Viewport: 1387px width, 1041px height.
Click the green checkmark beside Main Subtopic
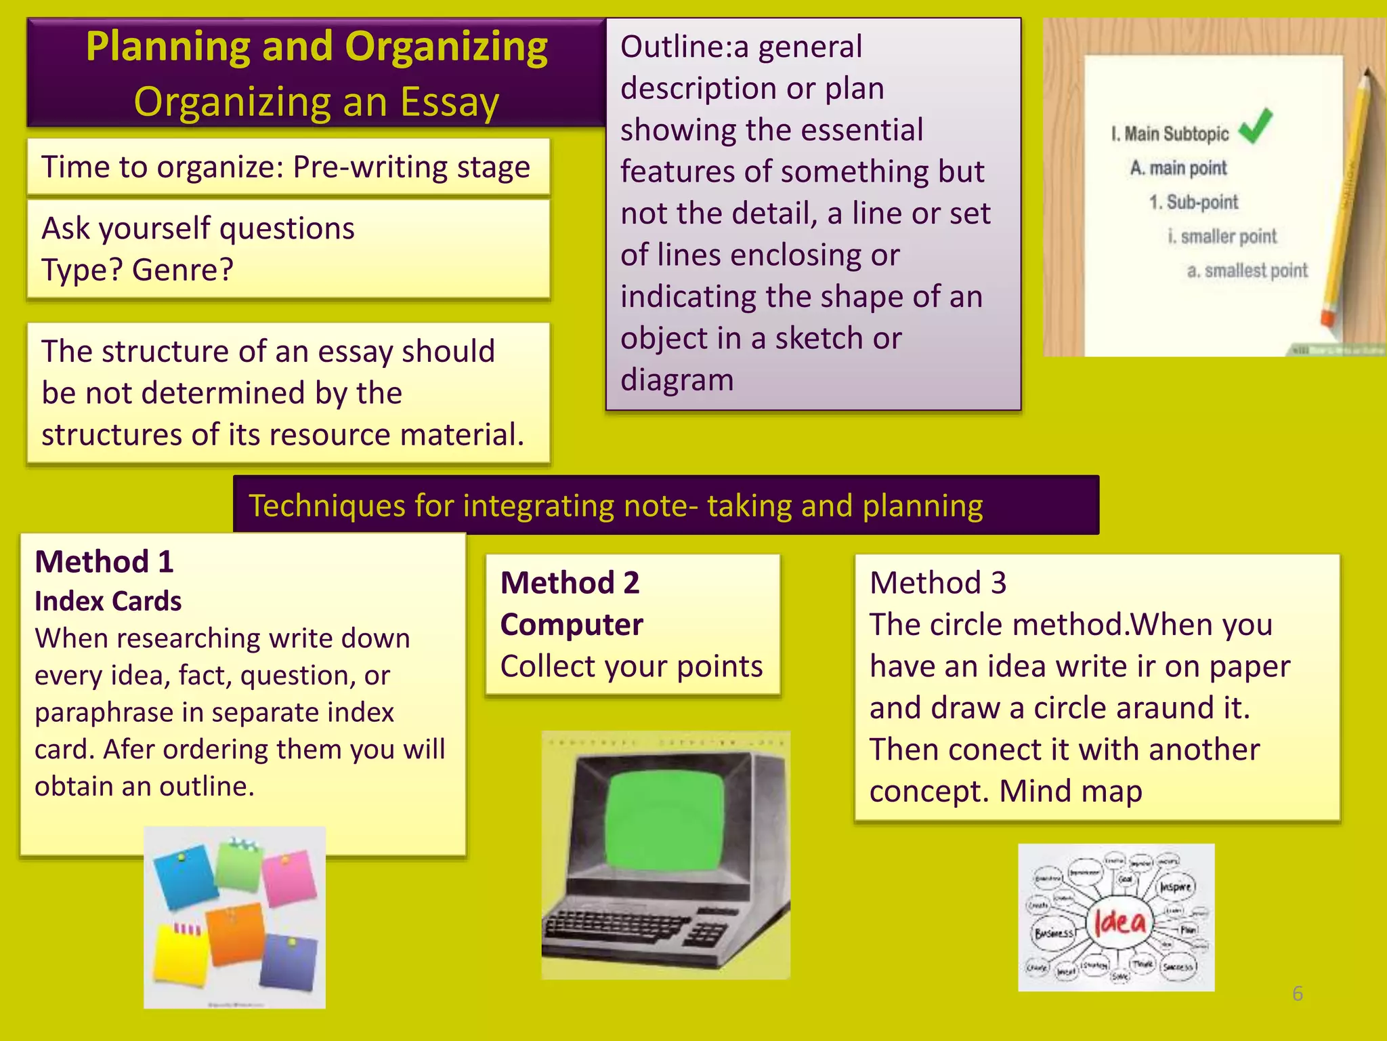pos(1256,126)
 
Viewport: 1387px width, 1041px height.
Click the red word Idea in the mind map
pos(1120,922)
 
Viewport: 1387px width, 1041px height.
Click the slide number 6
pos(1297,994)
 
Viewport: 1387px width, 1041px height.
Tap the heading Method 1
pos(104,562)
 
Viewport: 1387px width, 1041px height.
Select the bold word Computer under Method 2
pos(572,624)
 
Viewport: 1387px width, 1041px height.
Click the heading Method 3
pos(938,583)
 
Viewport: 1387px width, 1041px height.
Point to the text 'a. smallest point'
pos(1247,270)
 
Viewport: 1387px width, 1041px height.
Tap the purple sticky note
pos(289,961)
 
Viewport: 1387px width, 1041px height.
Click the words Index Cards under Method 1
pos(108,601)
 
